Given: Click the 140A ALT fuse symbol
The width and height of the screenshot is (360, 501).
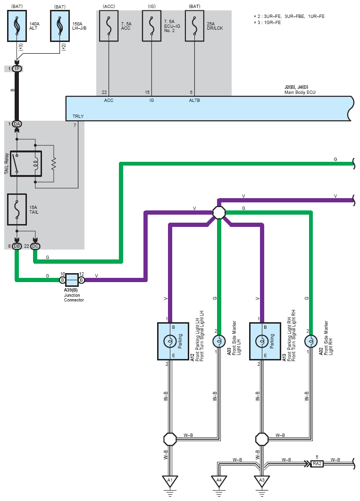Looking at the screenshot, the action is pos(17,26).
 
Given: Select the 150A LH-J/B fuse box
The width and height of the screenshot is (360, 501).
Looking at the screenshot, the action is pos(60,26).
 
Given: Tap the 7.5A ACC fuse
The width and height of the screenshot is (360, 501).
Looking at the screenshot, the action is pos(109,26).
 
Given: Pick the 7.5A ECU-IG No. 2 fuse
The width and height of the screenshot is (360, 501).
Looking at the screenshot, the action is pos(151,26).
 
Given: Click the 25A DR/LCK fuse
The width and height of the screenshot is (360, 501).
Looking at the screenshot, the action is pos(194,26).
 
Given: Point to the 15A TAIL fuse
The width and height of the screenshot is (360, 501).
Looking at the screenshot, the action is pos(17,209).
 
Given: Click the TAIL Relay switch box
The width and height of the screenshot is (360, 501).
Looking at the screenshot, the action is pos(26,164).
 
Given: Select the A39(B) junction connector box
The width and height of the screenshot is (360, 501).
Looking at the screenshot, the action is pos(72,280).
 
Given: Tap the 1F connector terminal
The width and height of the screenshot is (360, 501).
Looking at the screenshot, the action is pos(17,69).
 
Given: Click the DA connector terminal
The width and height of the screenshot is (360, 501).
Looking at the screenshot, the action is pos(17,124).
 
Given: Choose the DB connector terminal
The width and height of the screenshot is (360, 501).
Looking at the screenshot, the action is pos(17,246).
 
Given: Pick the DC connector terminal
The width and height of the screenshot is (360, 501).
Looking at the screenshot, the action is pos(35,246).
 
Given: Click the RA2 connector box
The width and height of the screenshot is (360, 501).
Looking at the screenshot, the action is pos(317,464).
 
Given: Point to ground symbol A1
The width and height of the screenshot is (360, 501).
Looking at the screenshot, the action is pos(170,481).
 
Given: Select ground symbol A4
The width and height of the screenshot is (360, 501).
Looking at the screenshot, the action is pos(219,481).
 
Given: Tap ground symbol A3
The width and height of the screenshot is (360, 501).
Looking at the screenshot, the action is pos(262,481).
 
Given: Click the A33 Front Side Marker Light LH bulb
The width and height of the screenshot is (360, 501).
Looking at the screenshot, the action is pos(219,341).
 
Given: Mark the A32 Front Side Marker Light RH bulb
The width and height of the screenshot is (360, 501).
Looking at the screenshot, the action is pos(311,341).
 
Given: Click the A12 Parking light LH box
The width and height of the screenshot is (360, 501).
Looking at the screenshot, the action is pos(173,341).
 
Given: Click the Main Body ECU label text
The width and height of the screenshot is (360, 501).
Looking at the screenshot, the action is pos(300,92).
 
